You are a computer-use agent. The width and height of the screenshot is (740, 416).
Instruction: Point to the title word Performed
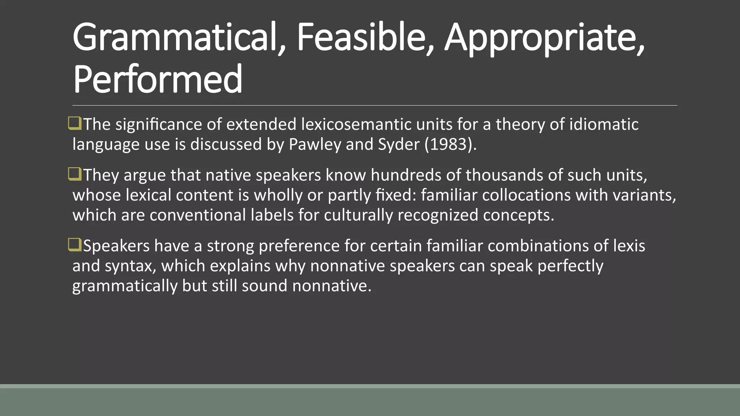tap(158, 79)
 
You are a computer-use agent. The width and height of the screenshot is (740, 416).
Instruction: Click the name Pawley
tap(315, 144)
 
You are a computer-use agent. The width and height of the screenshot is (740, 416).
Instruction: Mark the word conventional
tap(198, 215)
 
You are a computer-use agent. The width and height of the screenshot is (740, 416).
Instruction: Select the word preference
tap(299, 246)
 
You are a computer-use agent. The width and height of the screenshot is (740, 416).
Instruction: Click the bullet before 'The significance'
tap(75, 123)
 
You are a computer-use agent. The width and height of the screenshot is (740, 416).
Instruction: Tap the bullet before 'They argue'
tap(75, 174)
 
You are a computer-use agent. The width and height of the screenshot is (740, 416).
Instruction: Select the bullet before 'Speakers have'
tap(75, 245)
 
